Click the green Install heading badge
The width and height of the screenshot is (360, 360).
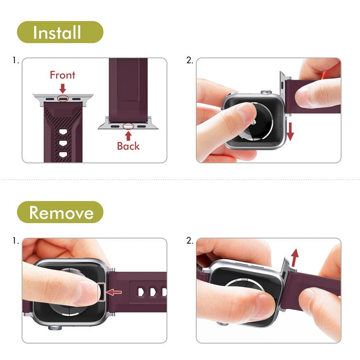click(60, 32)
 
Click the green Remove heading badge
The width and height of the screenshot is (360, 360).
click(60, 212)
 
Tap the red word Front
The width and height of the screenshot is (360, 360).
click(62, 75)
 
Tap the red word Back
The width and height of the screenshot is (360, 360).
click(128, 146)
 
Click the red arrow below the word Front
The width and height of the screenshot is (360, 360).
click(62, 88)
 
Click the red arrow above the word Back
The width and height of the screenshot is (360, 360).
click(128, 136)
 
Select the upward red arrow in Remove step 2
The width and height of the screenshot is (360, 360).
click(294, 257)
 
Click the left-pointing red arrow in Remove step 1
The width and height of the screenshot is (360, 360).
click(114, 292)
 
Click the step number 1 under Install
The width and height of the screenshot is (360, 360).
click(16, 61)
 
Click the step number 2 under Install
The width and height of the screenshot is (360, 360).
click(189, 61)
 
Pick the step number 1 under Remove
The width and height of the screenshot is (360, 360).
click(16, 241)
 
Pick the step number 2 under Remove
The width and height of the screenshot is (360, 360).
click(189, 241)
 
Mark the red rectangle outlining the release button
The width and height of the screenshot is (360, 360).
click(102, 292)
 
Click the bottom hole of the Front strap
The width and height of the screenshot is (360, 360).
click(63, 155)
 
